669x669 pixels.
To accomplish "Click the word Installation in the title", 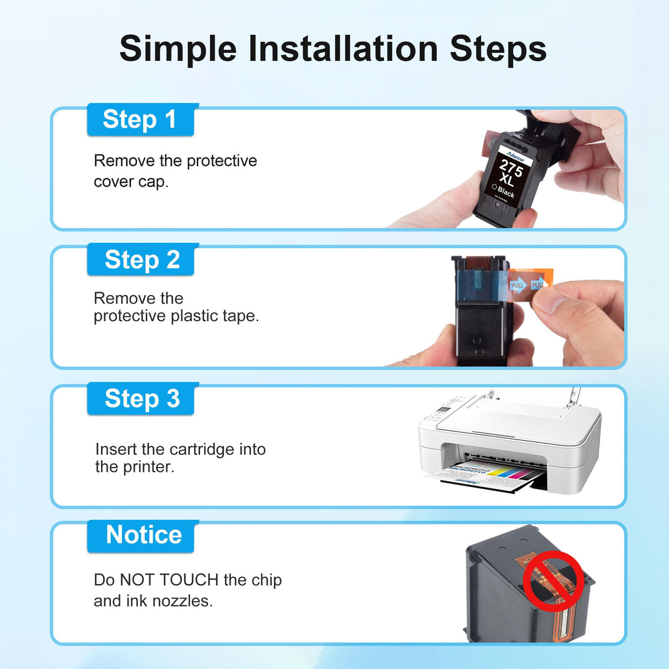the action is pyautogui.click(x=343, y=49).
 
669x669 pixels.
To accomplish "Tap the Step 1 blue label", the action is pyautogui.click(x=140, y=120).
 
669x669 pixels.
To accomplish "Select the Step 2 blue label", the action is pyautogui.click(x=140, y=260).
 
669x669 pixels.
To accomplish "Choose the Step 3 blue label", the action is pyautogui.click(x=140, y=399).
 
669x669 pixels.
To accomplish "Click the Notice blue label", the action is pyautogui.click(x=140, y=536).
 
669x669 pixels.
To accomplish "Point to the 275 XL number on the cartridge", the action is pyautogui.click(x=508, y=173).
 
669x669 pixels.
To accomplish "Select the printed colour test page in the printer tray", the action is pyautogui.click(x=482, y=476).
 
